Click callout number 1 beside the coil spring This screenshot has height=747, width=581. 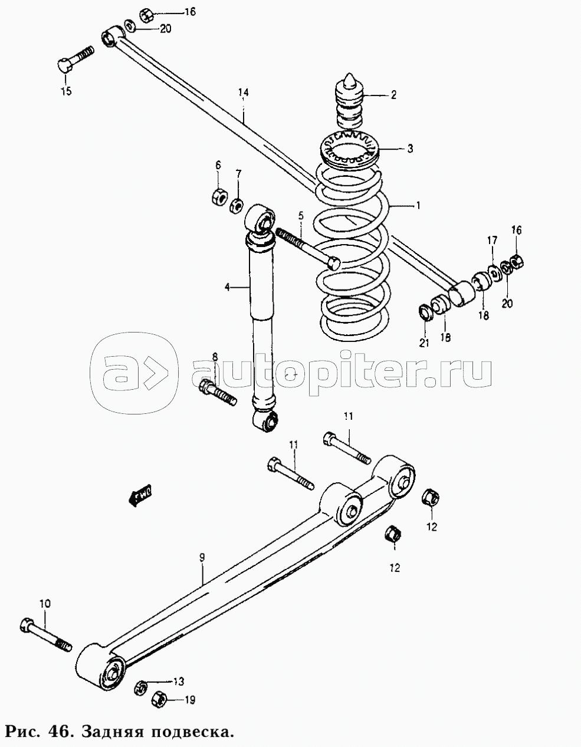tap(418, 206)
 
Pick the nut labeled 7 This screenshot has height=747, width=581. tap(236, 205)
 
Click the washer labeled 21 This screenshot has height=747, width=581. tap(425, 311)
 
